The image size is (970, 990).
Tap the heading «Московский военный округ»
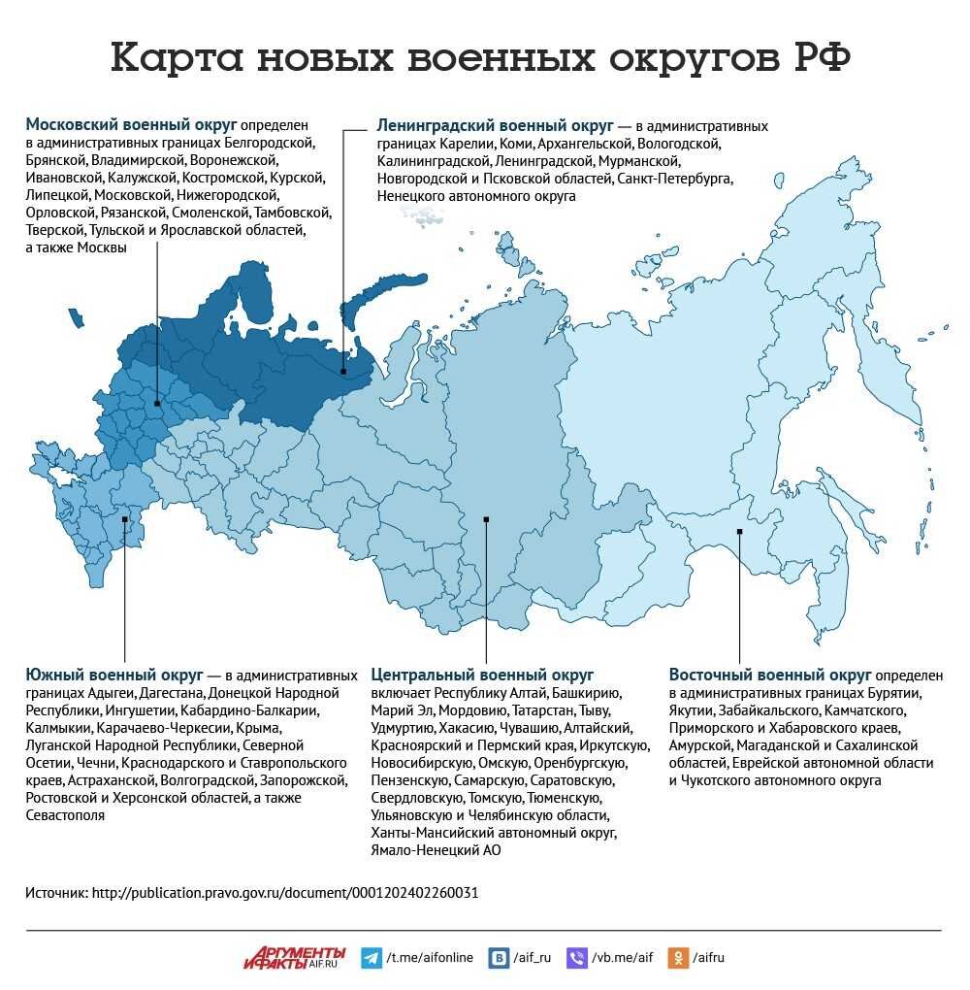tap(131, 125)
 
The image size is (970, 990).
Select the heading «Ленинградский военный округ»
tap(495, 126)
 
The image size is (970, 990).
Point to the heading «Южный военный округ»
tap(113, 675)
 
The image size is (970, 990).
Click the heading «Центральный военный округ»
tap(482, 675)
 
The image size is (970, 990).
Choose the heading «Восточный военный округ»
tap(769, 675)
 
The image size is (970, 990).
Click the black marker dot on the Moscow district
tap(157, 403)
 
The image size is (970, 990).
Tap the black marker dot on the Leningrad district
tap(343, 371)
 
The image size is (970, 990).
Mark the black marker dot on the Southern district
tap(125, 518)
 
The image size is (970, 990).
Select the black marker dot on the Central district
tap(486, 518)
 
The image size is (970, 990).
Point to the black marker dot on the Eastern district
tap(739, 530)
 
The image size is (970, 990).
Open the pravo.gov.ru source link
tap(284, 892)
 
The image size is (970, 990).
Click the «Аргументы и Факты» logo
tap(294, 957)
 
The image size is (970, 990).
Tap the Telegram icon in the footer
tap(371, 957)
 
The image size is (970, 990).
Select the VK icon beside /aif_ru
tap(500, 957)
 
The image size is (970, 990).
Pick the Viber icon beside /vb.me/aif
tap(576, 957)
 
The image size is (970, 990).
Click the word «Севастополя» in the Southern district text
tap(65, 816)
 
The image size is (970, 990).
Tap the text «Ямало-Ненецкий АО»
tap(436, 850)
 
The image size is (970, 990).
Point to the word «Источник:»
tap(56, 892)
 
